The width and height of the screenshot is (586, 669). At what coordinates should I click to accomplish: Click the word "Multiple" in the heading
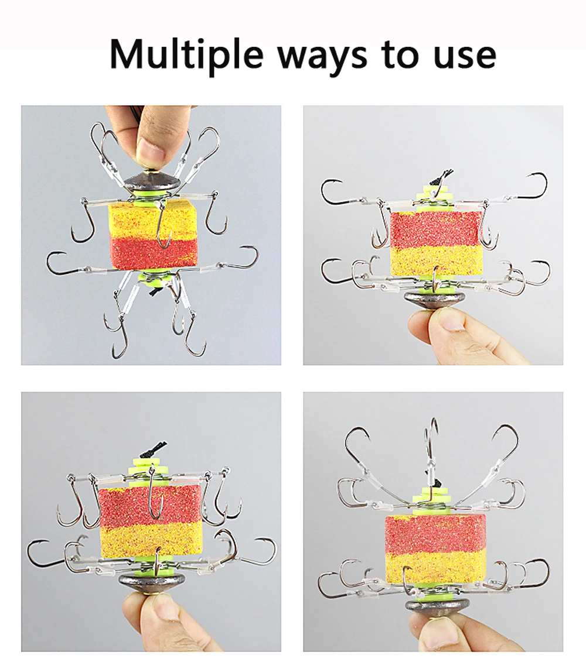[x=186, y=55]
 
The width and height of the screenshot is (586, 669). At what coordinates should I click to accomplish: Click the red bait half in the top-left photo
[x=154, y=254]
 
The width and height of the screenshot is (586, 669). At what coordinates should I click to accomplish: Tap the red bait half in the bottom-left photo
[x=150, y=505]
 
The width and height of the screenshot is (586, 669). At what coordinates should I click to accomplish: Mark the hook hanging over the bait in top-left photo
[x=162, y=225]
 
